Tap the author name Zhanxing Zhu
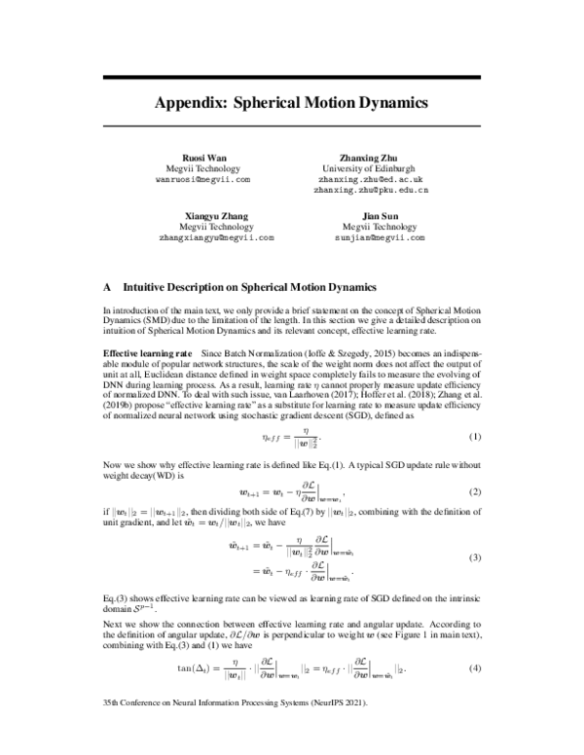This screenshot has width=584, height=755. point(372,157)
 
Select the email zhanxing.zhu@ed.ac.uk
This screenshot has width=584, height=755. point(372,180)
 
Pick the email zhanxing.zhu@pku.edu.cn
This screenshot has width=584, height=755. point(372,191)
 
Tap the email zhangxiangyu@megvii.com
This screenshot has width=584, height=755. point(216,237)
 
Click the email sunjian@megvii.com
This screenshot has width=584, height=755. point(372,237)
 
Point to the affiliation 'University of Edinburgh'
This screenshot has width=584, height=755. point(372,168)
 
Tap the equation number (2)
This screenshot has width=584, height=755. point(476,492)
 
